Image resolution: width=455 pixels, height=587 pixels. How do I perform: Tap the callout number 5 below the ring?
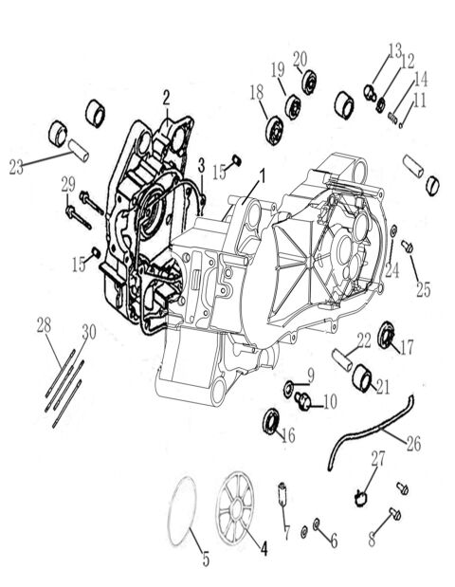click(205, 559)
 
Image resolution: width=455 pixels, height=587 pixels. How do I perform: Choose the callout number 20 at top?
click(300, 58)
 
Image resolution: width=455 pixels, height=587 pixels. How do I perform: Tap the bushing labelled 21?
click(362, 379)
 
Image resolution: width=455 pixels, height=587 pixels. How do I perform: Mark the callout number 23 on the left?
click(15, 167)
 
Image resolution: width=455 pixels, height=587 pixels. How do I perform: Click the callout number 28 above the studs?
click(43, 326)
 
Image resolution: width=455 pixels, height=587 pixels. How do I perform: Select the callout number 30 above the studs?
click(88, 330)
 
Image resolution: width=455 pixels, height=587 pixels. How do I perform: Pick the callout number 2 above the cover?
click(166, 96)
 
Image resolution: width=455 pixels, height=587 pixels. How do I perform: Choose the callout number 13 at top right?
click(394, 49)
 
